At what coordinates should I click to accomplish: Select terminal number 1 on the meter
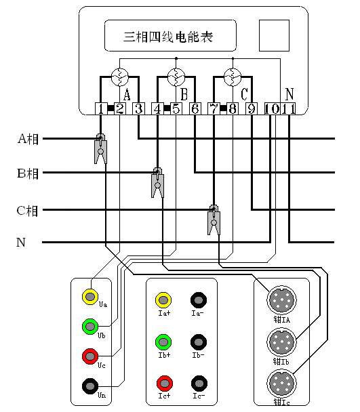pyautogui.click(x=100, y=108)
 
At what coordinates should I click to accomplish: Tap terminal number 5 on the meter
pyautogui.click(x=176, y=108)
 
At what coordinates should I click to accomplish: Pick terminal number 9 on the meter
pyautogui.click(x=251, y=108)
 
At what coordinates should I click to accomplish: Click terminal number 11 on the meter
pyautogui.click(x=289, y=108)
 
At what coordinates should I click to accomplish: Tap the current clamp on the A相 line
pyautogui.click(x=100, y=149)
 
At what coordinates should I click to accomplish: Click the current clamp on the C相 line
pyautogui.click(x=214, y=218)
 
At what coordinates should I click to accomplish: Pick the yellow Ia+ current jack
pyautogui.click(x=163, y=300)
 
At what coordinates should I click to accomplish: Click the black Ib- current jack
pyautogui.click(x=199, y=341)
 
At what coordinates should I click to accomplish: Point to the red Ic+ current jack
pyautogui.click(x=163, y=382)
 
